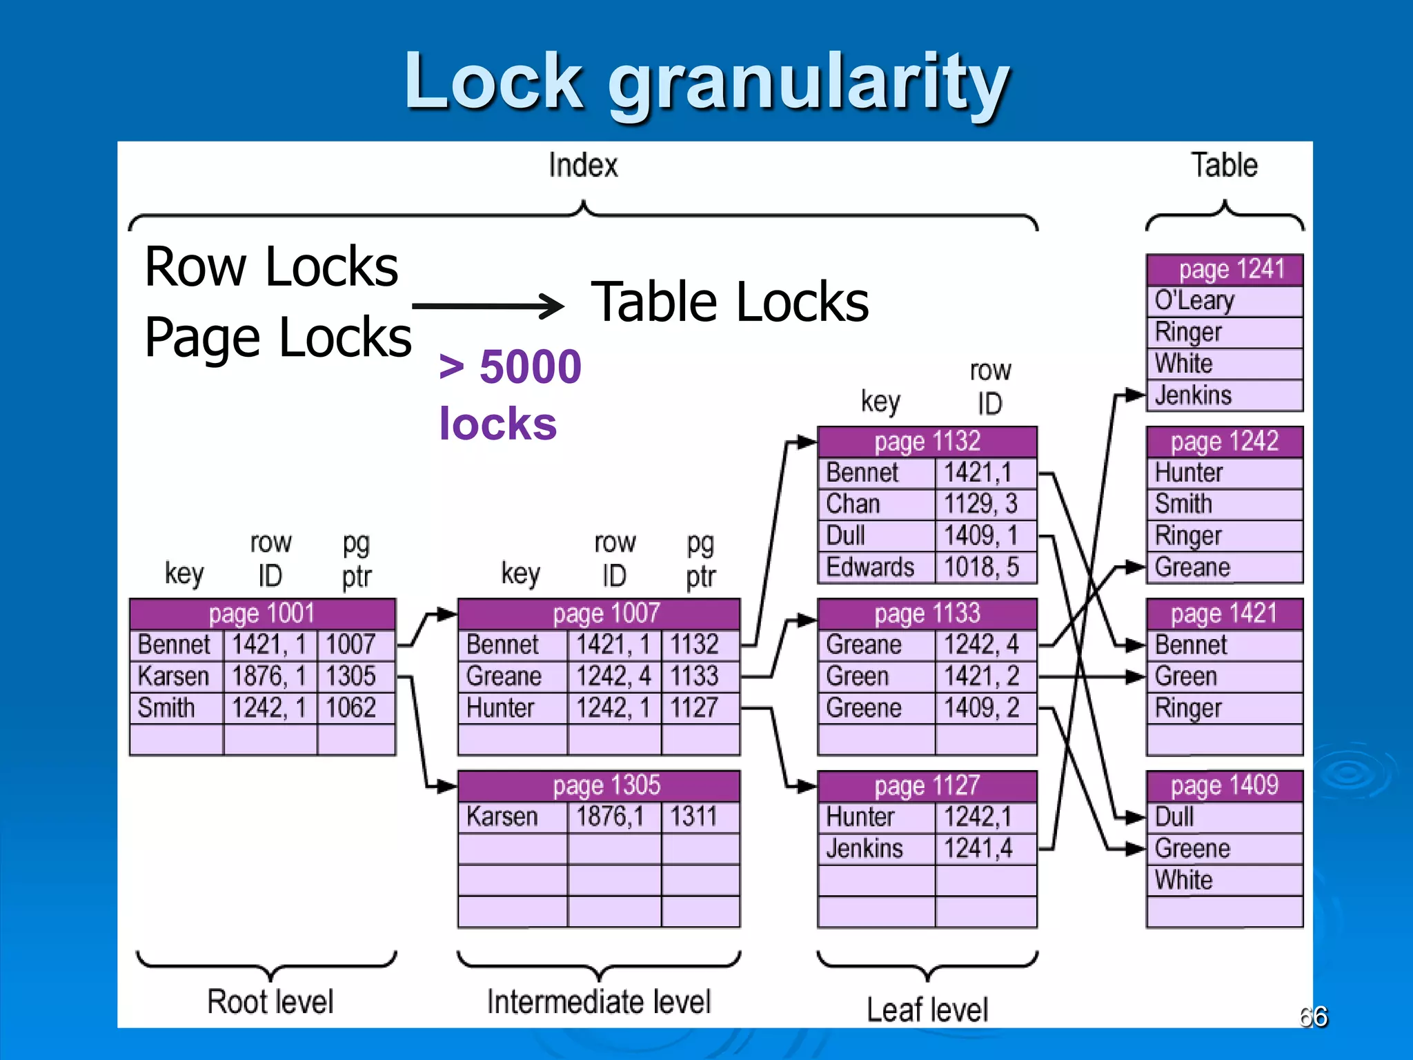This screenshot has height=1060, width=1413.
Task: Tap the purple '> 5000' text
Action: (511, 366)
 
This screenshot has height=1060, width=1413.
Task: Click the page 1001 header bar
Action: (262, 614)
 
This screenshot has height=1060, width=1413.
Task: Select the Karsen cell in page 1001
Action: (175, 676)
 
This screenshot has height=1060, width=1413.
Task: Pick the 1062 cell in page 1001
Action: (353, 708)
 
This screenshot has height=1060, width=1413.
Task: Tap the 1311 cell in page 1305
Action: (698, 817)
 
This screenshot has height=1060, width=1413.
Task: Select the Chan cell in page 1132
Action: (875, 504)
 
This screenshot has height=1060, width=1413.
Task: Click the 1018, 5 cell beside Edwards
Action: (984, 567)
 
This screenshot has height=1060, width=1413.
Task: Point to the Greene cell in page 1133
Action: (875, 708)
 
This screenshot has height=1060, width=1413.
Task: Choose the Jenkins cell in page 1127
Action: (875, 849)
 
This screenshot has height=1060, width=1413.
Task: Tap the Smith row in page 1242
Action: (1224, 504)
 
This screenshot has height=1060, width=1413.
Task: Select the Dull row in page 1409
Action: (1224, 817)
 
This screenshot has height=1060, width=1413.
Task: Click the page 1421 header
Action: (1224, 614)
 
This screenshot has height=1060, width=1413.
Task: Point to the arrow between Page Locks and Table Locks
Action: (488, 306)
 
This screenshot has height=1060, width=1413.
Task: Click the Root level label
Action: (270, 1001)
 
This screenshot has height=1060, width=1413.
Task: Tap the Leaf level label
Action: (927, 1010)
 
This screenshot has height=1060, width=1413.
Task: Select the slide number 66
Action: (1313, 1017)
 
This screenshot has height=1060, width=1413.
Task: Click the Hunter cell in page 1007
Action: (511, 708)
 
